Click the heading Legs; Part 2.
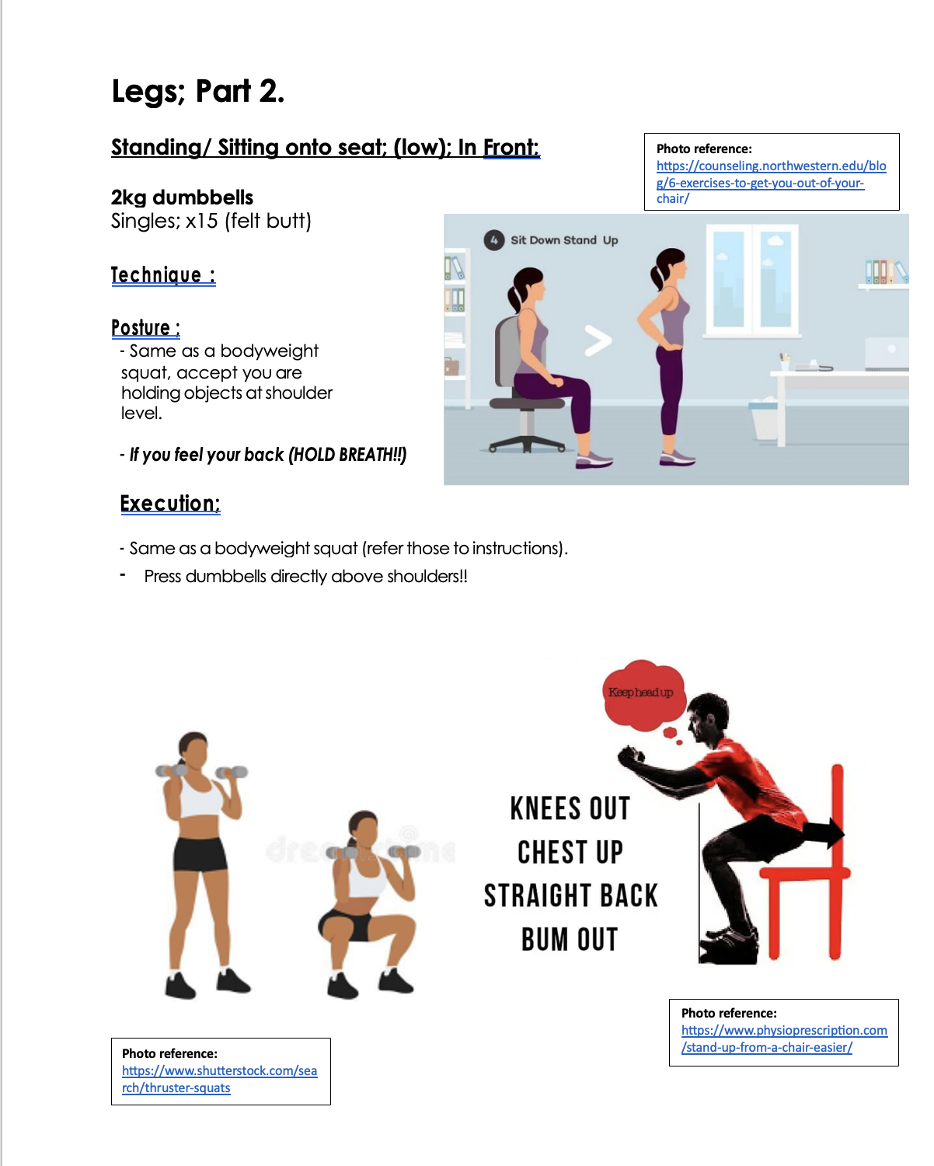pyautogui.click(x=197, y=91)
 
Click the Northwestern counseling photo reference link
pyautogui.click(x=771, y=182)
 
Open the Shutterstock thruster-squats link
pyautogui.click(x=219, y=1079)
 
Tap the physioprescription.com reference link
pyautogui.click(x=784, y=1039)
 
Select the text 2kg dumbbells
pyautogui.click(x=182, y=197)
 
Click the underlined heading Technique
pyautogui.click(x=163, y=274)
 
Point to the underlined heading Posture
pyautogui.click(x=146, y=327)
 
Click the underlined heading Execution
pyautogui.click(x=170, y=504)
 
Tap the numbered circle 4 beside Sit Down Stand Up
pyautogui.click(x=493, y=240)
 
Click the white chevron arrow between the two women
pyautogui.click(x=598, y=340)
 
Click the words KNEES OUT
pyautogui.click(x=570, y=808)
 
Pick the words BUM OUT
pyautogui.click(x=570, y=940)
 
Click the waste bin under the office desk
pyautogui.click(x=765, y=421)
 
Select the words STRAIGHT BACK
pyautogui.click(x=570, y=895)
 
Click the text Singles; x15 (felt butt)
pyautogui.click(x=211, y=221)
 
